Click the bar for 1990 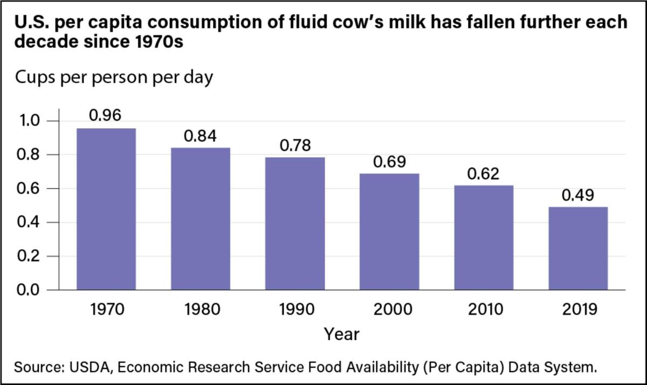tap(295, 223)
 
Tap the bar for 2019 tap(578, 248)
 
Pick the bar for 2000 tap(389, 232)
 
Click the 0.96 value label tap(105, 115)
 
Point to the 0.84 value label tap(200, 136)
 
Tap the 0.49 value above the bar tap(577, 195)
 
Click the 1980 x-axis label tap(200, 310)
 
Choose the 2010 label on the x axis tap(483, 310)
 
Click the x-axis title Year tap(341, 334)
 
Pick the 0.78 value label tap(294, 146)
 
